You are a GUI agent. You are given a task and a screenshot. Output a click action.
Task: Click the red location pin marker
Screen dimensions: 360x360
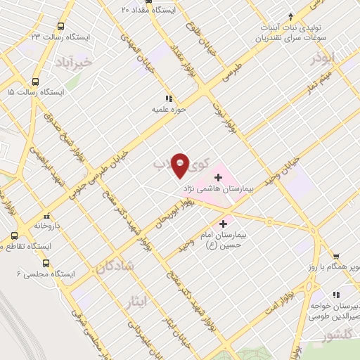[181, 165]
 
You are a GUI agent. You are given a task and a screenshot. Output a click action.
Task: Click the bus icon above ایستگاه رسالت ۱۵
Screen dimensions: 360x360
[10, 79]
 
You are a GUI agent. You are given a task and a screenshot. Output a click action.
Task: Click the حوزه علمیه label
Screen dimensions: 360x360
[169, 110]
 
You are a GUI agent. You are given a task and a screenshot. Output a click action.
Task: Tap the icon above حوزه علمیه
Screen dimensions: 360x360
[169, 98]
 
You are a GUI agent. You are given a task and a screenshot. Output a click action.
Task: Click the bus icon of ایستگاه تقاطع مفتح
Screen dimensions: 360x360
[14, 236]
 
